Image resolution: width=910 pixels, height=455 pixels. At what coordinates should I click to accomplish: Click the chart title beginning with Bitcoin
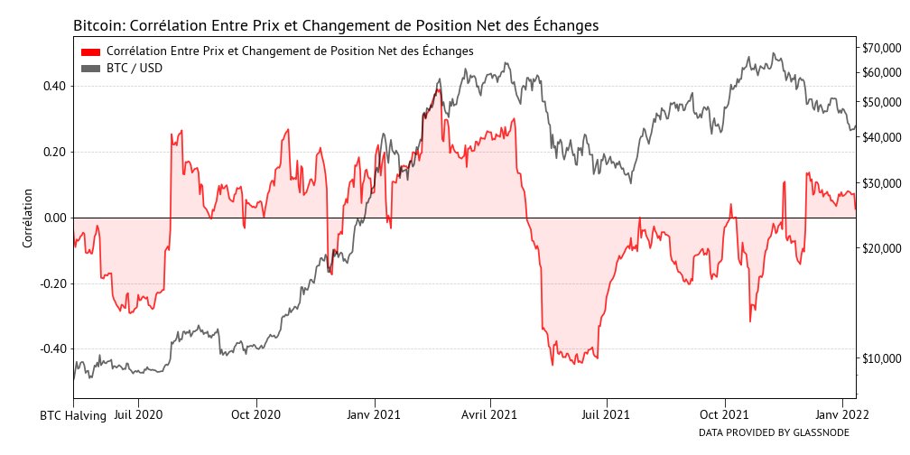335,25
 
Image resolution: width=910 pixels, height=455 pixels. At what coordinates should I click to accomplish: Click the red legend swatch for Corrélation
90,51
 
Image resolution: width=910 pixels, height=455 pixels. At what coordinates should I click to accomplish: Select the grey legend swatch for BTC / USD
90,68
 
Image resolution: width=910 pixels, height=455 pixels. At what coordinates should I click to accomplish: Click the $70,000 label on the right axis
881,48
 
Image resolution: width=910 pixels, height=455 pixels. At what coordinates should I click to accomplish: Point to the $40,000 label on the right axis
881,138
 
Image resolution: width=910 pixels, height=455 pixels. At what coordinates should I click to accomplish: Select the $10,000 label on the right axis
881,359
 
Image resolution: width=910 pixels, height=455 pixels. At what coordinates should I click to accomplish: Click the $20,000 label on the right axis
881,248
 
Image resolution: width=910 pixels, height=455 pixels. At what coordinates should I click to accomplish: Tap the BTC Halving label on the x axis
73,416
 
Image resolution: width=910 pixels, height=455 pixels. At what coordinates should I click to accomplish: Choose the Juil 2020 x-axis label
138,416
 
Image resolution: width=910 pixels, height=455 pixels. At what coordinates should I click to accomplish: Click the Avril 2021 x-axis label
489,416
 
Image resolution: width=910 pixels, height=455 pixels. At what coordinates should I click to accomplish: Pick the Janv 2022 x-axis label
842,416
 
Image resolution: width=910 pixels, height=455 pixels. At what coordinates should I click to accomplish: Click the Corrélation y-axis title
27,218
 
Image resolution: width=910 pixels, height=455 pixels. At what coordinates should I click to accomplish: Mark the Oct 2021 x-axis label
724,416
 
